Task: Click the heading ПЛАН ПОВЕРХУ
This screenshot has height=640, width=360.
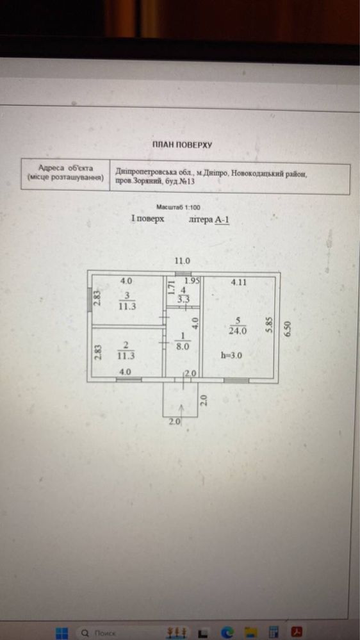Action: (182, 145)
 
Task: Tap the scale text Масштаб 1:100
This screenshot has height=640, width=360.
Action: (178, 208)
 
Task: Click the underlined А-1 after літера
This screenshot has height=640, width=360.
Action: (222, 220)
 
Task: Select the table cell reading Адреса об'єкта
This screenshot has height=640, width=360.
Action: (65, 168)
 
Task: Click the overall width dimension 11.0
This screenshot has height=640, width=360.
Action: (183, 261)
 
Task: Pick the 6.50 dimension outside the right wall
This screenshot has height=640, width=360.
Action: (289, 329)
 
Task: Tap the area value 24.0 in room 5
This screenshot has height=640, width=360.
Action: (238, 331)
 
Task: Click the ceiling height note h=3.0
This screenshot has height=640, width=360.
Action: (231, 356)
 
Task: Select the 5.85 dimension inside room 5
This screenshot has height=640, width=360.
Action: (269, 325)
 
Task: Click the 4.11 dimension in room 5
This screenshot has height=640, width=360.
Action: (239, 282)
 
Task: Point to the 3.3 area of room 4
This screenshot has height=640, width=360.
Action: (184, 299)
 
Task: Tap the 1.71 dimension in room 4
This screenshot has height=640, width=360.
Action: (172, 288)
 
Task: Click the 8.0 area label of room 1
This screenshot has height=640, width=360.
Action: (183, 347)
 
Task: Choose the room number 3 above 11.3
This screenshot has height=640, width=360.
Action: (127, 295)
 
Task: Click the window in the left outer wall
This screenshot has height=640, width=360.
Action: (90, 300)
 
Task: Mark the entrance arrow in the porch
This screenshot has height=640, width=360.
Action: (182, 411)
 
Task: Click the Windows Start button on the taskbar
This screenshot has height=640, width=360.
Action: (61, 633)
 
